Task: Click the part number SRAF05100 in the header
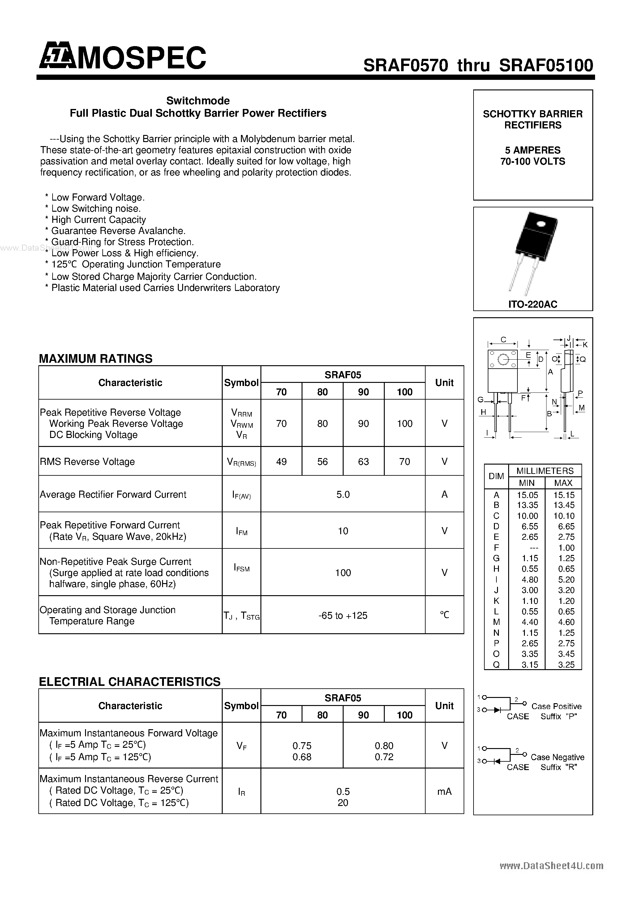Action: point(546,65)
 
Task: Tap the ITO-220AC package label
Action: point(533,304)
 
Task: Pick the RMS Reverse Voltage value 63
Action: point(363,461)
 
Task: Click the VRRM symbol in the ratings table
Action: point(241,413)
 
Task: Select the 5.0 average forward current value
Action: point(343,494)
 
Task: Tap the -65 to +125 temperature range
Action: point(343,615)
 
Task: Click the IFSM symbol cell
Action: point(241,568)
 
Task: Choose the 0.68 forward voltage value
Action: point(302,757)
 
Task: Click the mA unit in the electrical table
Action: point(444,791)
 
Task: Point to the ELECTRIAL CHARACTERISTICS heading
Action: point(130,682)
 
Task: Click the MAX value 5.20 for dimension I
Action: point(563,580)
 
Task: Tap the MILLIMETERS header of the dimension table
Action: point(545,471)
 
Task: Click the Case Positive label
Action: point(556,706)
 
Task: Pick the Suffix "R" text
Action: point(559,767)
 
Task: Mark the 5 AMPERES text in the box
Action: point(533,150)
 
